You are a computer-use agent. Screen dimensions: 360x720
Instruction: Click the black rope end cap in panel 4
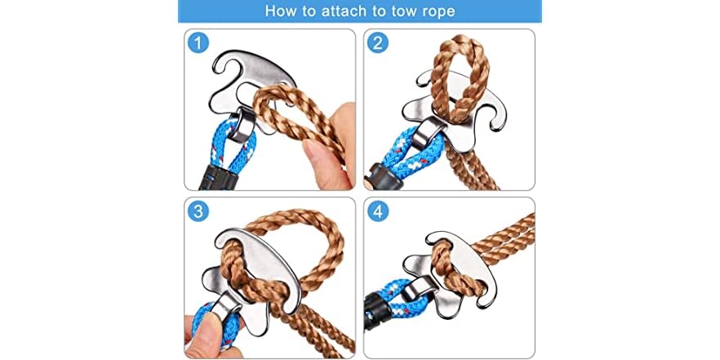tap(378, 305)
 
